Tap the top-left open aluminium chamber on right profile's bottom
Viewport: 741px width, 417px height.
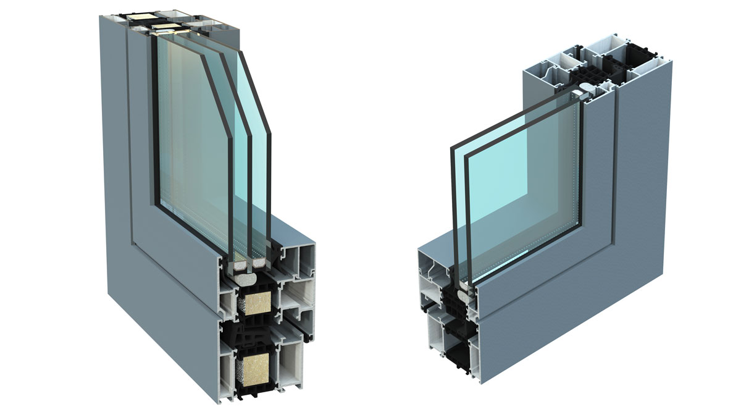tap(432, 265)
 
